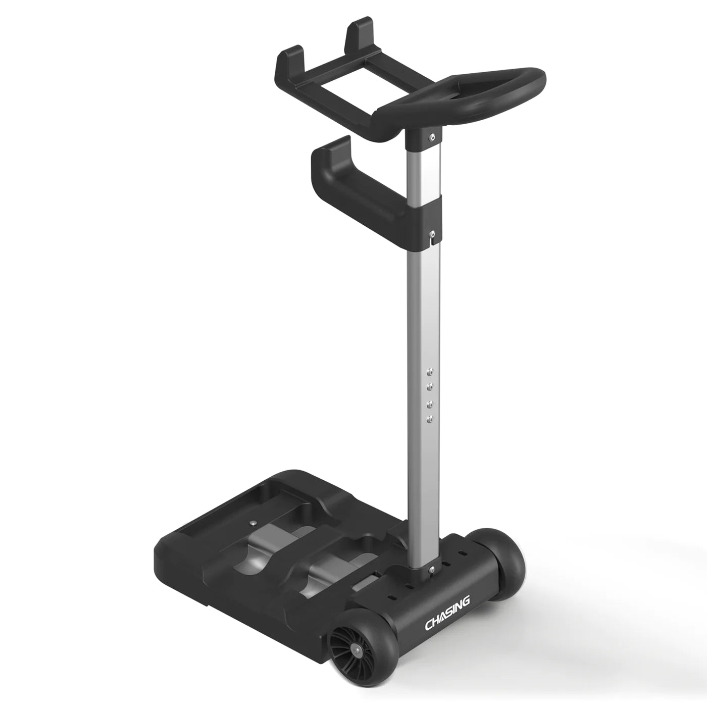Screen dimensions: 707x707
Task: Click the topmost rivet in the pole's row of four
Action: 430,371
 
